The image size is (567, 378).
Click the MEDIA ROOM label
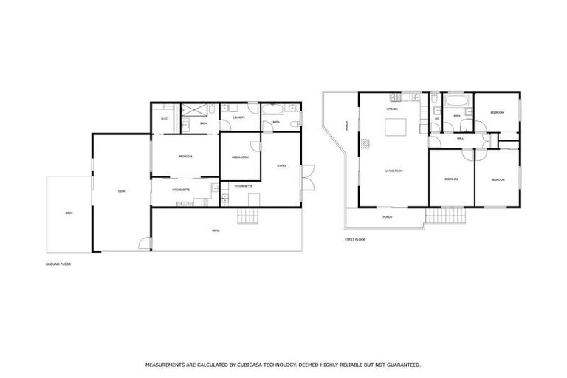click(240, 157)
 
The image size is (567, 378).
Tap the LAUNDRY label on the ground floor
click(238, 117)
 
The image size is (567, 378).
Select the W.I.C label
click(163, 119)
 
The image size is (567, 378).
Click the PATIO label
click(216, 231)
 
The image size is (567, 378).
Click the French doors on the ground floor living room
click(307, 175)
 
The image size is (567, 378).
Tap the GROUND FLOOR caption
click(58, 264)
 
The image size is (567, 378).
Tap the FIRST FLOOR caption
click(355, 240)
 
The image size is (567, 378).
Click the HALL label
click(460, 138)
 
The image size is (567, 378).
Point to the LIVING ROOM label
click(394, 171)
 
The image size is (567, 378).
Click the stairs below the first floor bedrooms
click(447, 216)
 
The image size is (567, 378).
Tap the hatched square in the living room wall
click(363, 143)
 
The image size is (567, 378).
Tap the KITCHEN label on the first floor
click(392, 109)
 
